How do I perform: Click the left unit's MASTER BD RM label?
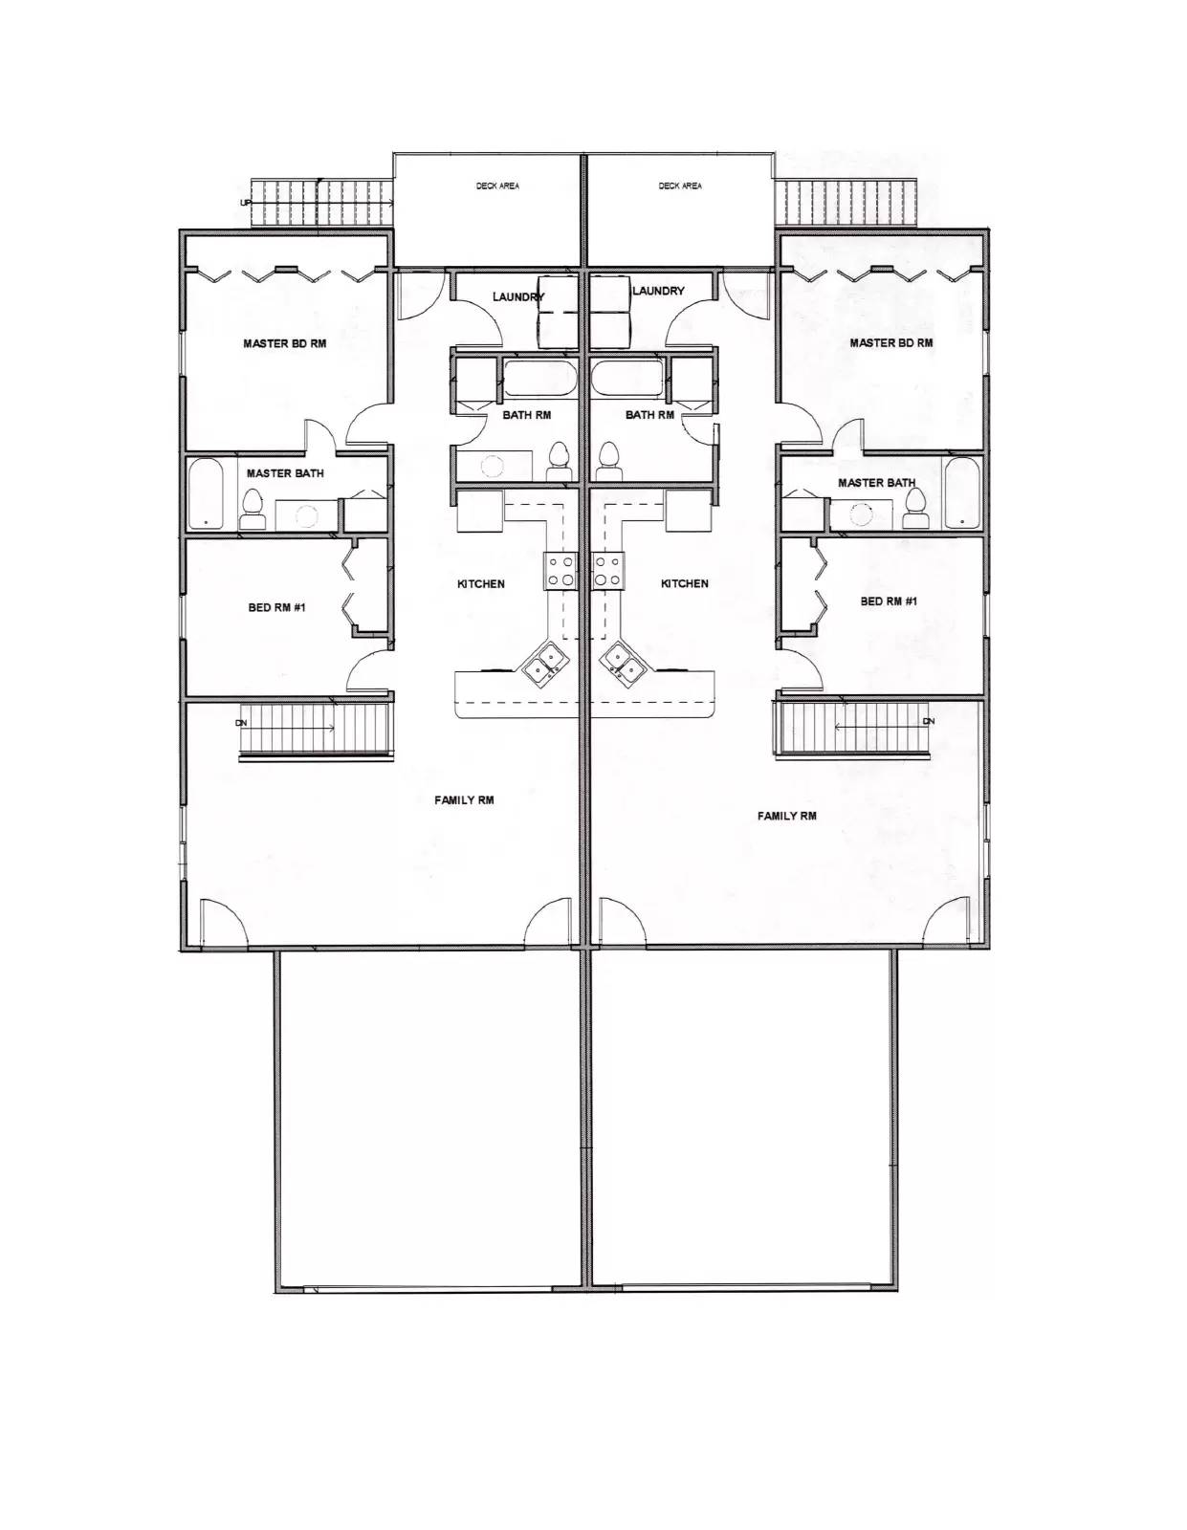coord(284,343)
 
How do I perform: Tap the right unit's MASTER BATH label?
coord(876,483)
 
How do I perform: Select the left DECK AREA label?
coord(497,186)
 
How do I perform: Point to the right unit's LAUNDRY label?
coord(658,291)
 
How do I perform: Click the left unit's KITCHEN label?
coord(481,583)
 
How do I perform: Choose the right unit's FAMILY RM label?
coord(787,816)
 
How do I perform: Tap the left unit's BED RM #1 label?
coord(276,607)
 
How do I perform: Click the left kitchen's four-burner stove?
coord(561,571)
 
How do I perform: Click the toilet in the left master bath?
coord(253,510)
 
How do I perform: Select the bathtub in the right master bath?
coord(961,492)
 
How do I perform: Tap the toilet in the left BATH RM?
coord(559,462)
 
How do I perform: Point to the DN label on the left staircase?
coord(241,723)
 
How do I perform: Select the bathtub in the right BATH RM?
coord(626,378)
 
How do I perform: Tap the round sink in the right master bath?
coord(860,515)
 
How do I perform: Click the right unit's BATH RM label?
coord(649,415)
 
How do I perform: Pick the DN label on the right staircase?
coord(929,722)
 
